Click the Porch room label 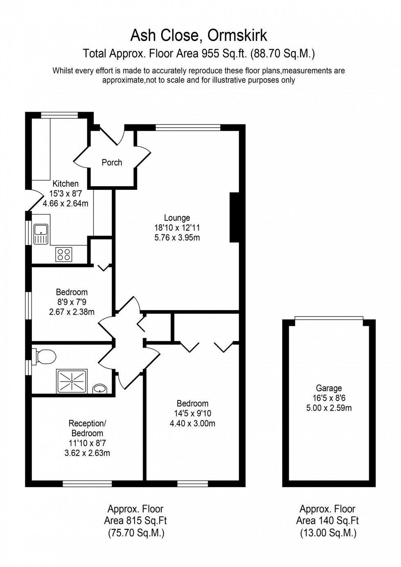tap(112, 162)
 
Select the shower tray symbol tap(72, 381)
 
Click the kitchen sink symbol tap(41, 234)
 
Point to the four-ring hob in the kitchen tap(64, 254)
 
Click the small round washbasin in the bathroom tap(99, 388)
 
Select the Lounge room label tap(177, 218)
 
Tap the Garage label tap(329, 388)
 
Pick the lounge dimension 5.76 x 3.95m tap(177, 238)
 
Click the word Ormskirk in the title tap(237, 36)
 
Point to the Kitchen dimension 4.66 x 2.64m tap(65, 203)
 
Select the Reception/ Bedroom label tap(87, 428)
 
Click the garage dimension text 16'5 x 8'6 tap(329, 398)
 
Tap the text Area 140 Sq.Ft tap(327, 520)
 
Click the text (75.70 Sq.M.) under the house tap(136, 533)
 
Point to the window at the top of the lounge tap(188, 127)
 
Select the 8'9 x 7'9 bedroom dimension tap(72, 302)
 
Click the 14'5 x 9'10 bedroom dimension tap(192, 414)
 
